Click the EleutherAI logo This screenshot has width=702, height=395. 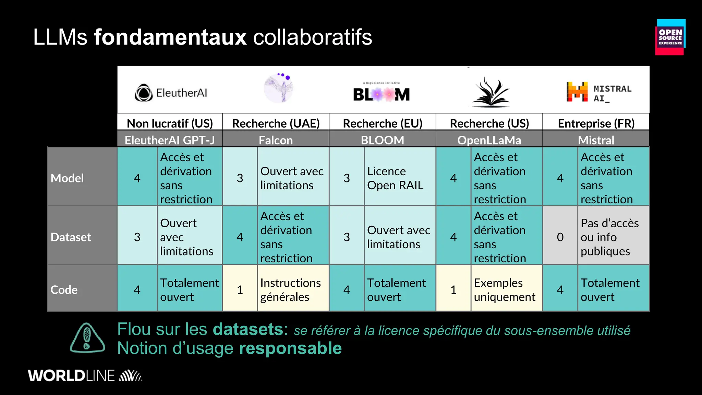tap(171, 93)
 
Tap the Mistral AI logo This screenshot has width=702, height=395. tap(598, 92)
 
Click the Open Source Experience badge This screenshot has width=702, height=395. tap(670, 37)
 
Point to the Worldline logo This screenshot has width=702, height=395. tap(85, 376)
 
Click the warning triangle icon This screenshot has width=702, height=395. tap(87, 338)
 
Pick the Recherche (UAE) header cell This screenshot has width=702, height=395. tap(276, 123)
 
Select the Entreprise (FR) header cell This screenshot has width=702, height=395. tap(596, 123)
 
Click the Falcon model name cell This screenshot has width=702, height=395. tap(276, 140)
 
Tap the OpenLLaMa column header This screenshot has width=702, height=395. tap(489, 140)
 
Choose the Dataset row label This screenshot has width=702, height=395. tap(71, 237)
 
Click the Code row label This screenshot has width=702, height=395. tap(64, 290)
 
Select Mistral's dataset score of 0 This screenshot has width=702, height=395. tap(560, 237)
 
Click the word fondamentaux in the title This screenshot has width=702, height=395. tap(170, 37)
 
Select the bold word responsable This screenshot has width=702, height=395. tap(290, 348)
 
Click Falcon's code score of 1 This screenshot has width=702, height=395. tap(240, 290)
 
